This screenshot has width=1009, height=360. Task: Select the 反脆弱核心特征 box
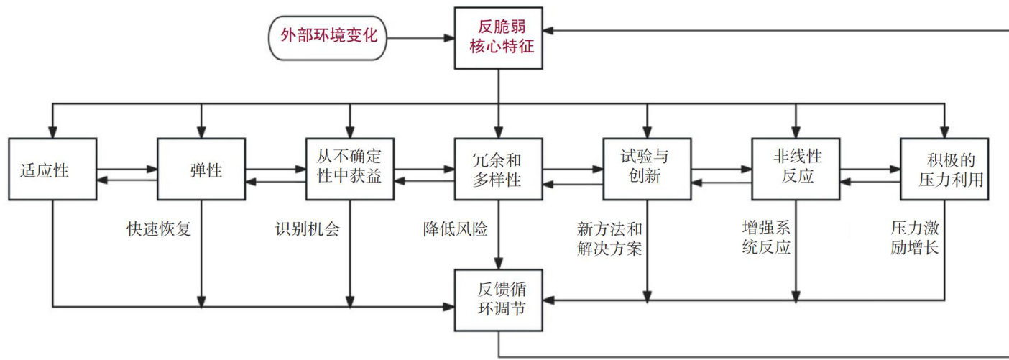(499, 38)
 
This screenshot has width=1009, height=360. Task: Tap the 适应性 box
(53, 169)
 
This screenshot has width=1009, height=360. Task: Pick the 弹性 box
(201, 169)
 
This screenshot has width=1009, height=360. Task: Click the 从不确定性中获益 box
(350, 169)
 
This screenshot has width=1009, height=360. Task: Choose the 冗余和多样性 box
(499, 169)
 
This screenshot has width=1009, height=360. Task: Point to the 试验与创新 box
(647, 169)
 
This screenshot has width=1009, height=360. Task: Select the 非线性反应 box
(796, 169)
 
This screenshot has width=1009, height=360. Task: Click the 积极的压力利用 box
(944, 169)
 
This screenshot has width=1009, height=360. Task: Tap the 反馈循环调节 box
(499, 300)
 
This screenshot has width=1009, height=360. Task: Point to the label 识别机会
(307, 230)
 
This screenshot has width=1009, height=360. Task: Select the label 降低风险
(455, 230)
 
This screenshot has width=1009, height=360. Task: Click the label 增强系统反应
(766, 238)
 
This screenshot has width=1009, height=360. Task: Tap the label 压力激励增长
(914, 238)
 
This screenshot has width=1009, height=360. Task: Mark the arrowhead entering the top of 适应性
(53, 133)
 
